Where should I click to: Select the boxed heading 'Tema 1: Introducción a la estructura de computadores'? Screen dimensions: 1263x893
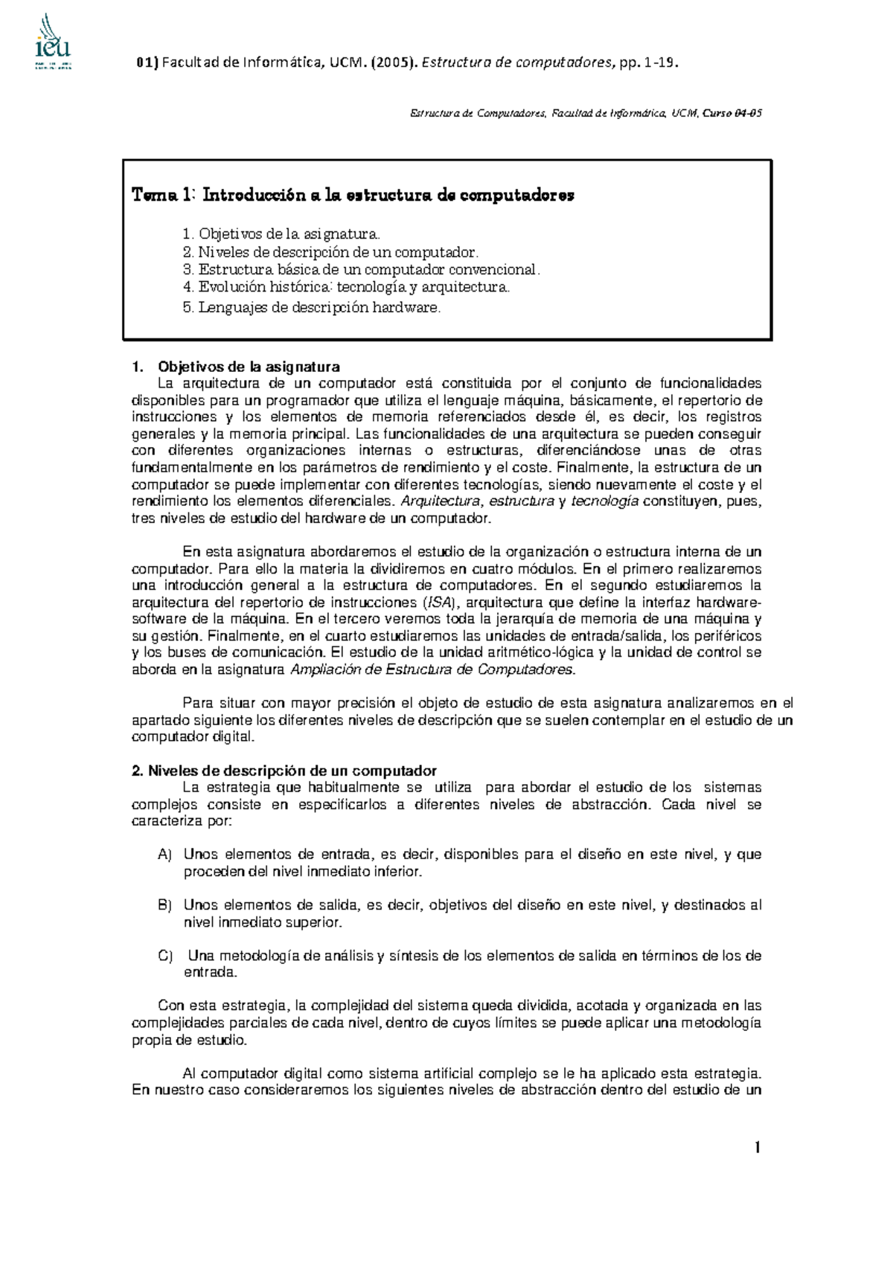tap(353, 196)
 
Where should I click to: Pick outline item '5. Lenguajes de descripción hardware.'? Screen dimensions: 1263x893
tap(311, 308)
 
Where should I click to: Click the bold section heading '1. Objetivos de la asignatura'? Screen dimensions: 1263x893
tap(236, 367)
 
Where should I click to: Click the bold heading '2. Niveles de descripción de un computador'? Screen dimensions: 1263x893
tap(284, 771)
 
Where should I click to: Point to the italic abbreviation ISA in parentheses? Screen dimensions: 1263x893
tap(437, 602)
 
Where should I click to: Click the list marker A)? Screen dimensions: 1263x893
tap(164, 855)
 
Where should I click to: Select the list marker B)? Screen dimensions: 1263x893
tap(164, 905)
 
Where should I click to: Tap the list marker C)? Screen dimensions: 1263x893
tap(164, 956)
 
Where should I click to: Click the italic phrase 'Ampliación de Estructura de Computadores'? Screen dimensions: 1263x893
tap(431, 669)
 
